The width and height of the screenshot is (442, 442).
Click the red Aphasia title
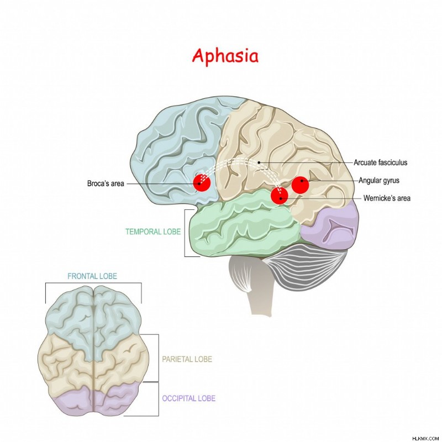[225, 56]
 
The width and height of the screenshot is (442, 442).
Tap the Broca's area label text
[106, 183]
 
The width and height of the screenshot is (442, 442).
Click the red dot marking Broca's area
[202, 183]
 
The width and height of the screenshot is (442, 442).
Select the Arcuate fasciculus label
[381, 162]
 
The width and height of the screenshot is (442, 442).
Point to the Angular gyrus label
[379, 181]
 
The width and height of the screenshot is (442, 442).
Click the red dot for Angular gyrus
[300, 185]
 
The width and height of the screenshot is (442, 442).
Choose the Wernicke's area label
[387, 198]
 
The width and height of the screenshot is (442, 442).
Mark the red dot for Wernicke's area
[280, 196]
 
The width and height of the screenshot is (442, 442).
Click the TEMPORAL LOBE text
[153, 231]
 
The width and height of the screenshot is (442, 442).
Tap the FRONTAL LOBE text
[92, 276]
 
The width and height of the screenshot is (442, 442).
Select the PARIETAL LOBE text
[187, 359]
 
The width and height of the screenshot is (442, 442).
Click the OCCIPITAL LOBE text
[188, 398]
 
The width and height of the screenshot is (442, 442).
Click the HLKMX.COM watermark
[425, 439]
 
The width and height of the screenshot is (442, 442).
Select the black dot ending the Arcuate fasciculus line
[259, 162]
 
